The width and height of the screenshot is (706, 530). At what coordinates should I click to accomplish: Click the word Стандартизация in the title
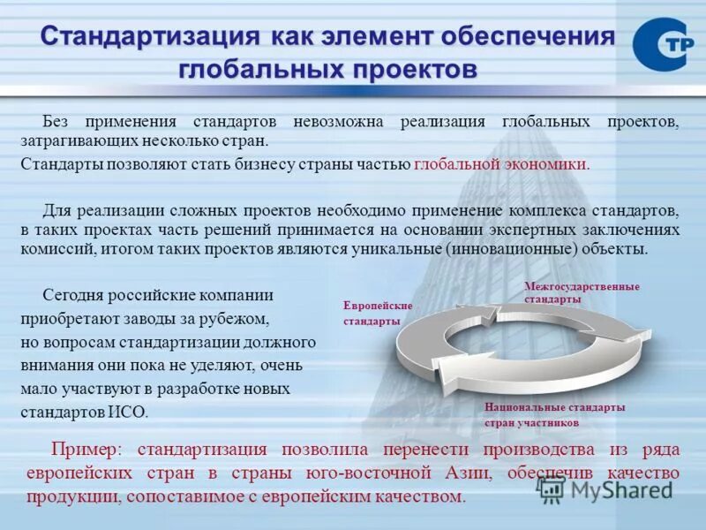(150, 38)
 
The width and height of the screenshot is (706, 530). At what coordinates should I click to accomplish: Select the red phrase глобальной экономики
(499, 164)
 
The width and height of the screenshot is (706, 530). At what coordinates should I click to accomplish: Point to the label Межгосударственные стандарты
(582, 292)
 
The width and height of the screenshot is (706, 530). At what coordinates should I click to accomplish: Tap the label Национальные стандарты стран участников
(554, 414)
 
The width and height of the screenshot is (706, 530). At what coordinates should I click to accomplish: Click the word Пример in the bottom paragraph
(85, 450)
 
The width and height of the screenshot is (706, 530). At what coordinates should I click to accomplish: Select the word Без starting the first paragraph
(57, 120)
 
